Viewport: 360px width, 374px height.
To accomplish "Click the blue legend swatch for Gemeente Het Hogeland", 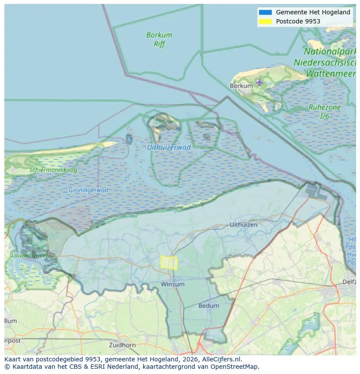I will (x=265, y=12).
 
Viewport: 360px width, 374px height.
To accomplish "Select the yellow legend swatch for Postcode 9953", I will (x=265, y=21).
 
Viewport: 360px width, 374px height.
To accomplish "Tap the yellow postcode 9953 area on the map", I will (x=169, y=262).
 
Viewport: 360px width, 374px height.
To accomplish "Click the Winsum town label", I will (x=173, y=284).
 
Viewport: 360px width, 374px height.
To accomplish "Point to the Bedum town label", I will (x=209, y=305).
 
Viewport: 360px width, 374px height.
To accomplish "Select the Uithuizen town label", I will (x=243, y=225).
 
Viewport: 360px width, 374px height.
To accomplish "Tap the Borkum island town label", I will (x=241, y=86).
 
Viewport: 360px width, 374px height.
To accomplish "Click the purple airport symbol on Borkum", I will (x=260, y=82).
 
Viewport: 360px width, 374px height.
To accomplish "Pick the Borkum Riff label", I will (x=159, y=39).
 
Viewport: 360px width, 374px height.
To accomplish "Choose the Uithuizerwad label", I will (x=169, y=147).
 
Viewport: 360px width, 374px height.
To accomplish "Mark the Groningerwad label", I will (x=88, y=190).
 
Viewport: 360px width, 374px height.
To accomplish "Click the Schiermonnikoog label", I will (x=53, y=170).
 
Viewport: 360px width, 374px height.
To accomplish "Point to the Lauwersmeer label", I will (x=30, y=255).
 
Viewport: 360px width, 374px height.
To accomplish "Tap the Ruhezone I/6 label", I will (x=324, y=112).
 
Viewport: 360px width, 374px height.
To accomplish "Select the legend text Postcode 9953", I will (x=298, y=21).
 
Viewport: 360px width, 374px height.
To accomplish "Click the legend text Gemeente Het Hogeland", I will (x=313, y=12).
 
